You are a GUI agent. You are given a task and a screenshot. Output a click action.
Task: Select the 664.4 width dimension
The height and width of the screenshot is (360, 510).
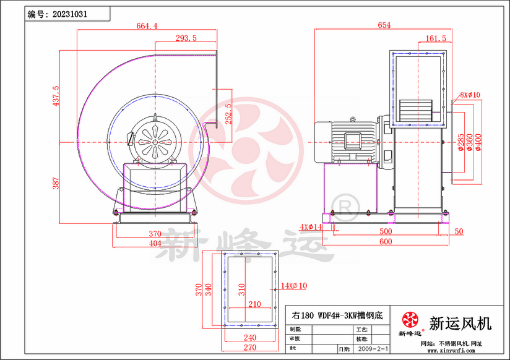tap(147, 26)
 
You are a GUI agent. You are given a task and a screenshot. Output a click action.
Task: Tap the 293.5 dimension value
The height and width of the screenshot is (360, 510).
tap(186, 38)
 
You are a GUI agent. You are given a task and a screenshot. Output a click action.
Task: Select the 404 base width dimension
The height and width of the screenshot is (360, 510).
tap(155, 243)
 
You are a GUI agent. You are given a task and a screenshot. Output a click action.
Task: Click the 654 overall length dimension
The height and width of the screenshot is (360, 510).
tap(384, 25)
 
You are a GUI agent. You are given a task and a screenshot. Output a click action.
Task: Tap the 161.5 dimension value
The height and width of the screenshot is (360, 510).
tap(436, 38)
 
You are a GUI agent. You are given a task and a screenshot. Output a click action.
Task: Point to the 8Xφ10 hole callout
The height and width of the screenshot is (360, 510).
tap(470, 95)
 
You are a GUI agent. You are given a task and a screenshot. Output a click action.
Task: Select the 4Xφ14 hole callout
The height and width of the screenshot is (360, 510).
tap(311, 227)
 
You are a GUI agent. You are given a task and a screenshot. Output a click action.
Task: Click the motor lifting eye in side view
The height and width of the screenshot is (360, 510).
tap(353, 119)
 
